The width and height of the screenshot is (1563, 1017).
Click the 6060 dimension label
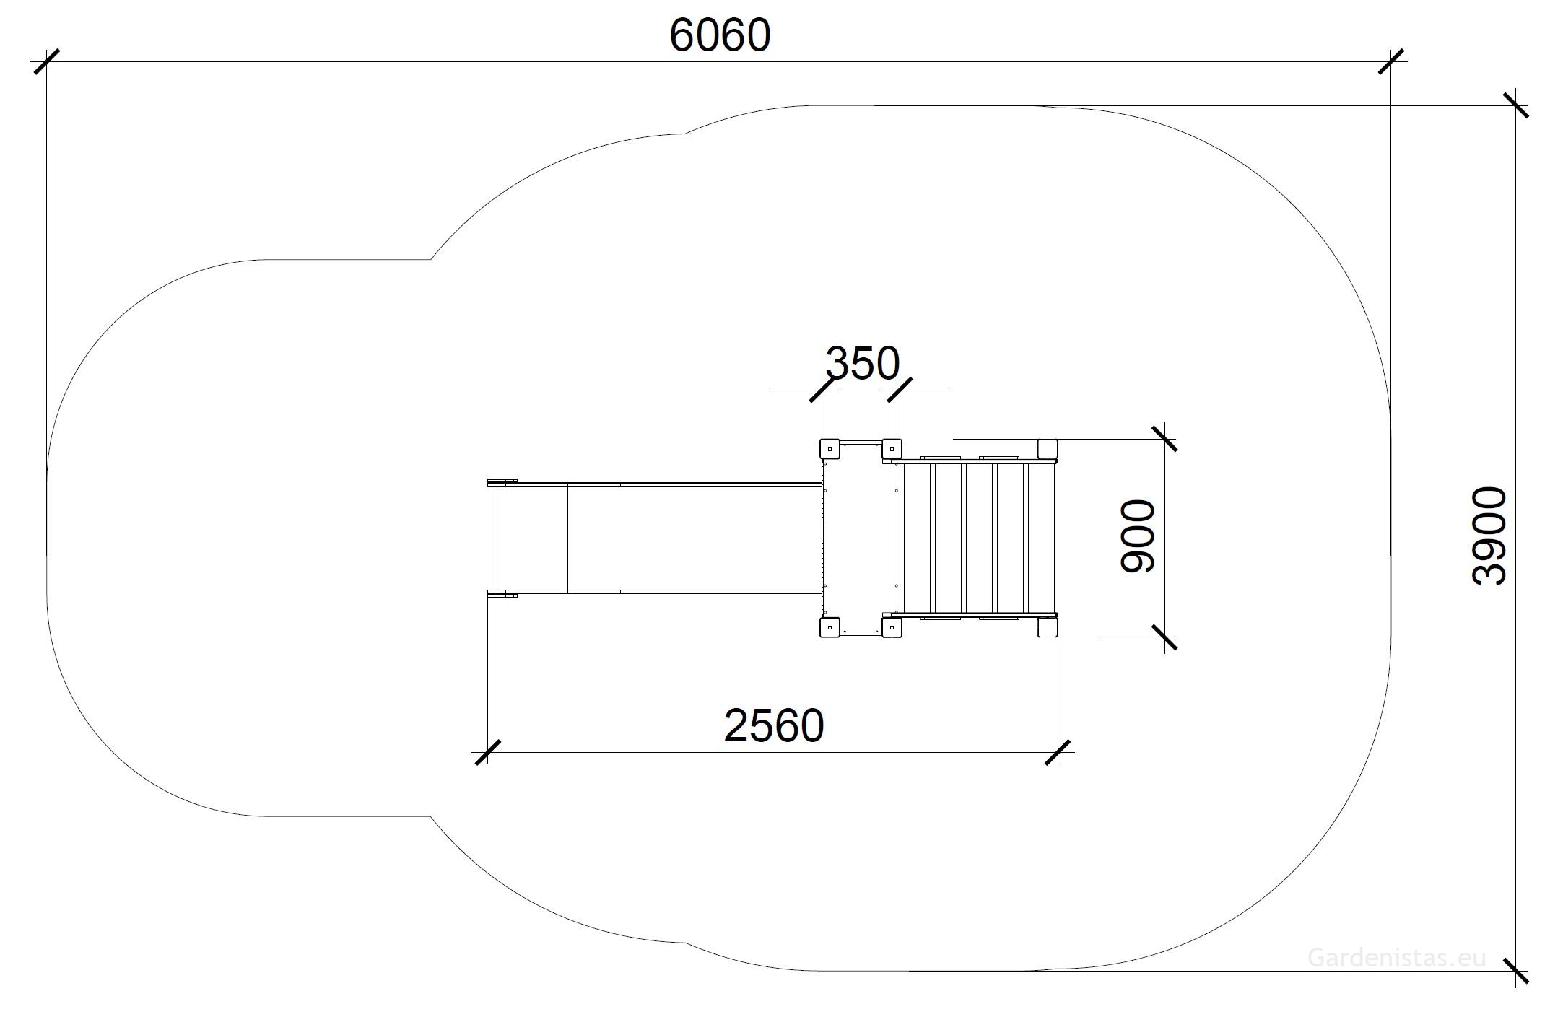720,35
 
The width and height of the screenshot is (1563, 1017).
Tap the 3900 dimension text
1489,536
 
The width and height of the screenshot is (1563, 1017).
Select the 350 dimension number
862,363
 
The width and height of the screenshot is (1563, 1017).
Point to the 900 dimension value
1137,536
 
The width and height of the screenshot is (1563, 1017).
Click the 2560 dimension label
773,725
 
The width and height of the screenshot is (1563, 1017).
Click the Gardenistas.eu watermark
1397,958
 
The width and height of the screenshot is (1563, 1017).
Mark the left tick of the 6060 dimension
47,61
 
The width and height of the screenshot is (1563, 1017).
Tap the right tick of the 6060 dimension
1390,61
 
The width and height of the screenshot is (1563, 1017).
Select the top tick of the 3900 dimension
1515,105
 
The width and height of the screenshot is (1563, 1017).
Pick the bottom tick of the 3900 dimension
1515,971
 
